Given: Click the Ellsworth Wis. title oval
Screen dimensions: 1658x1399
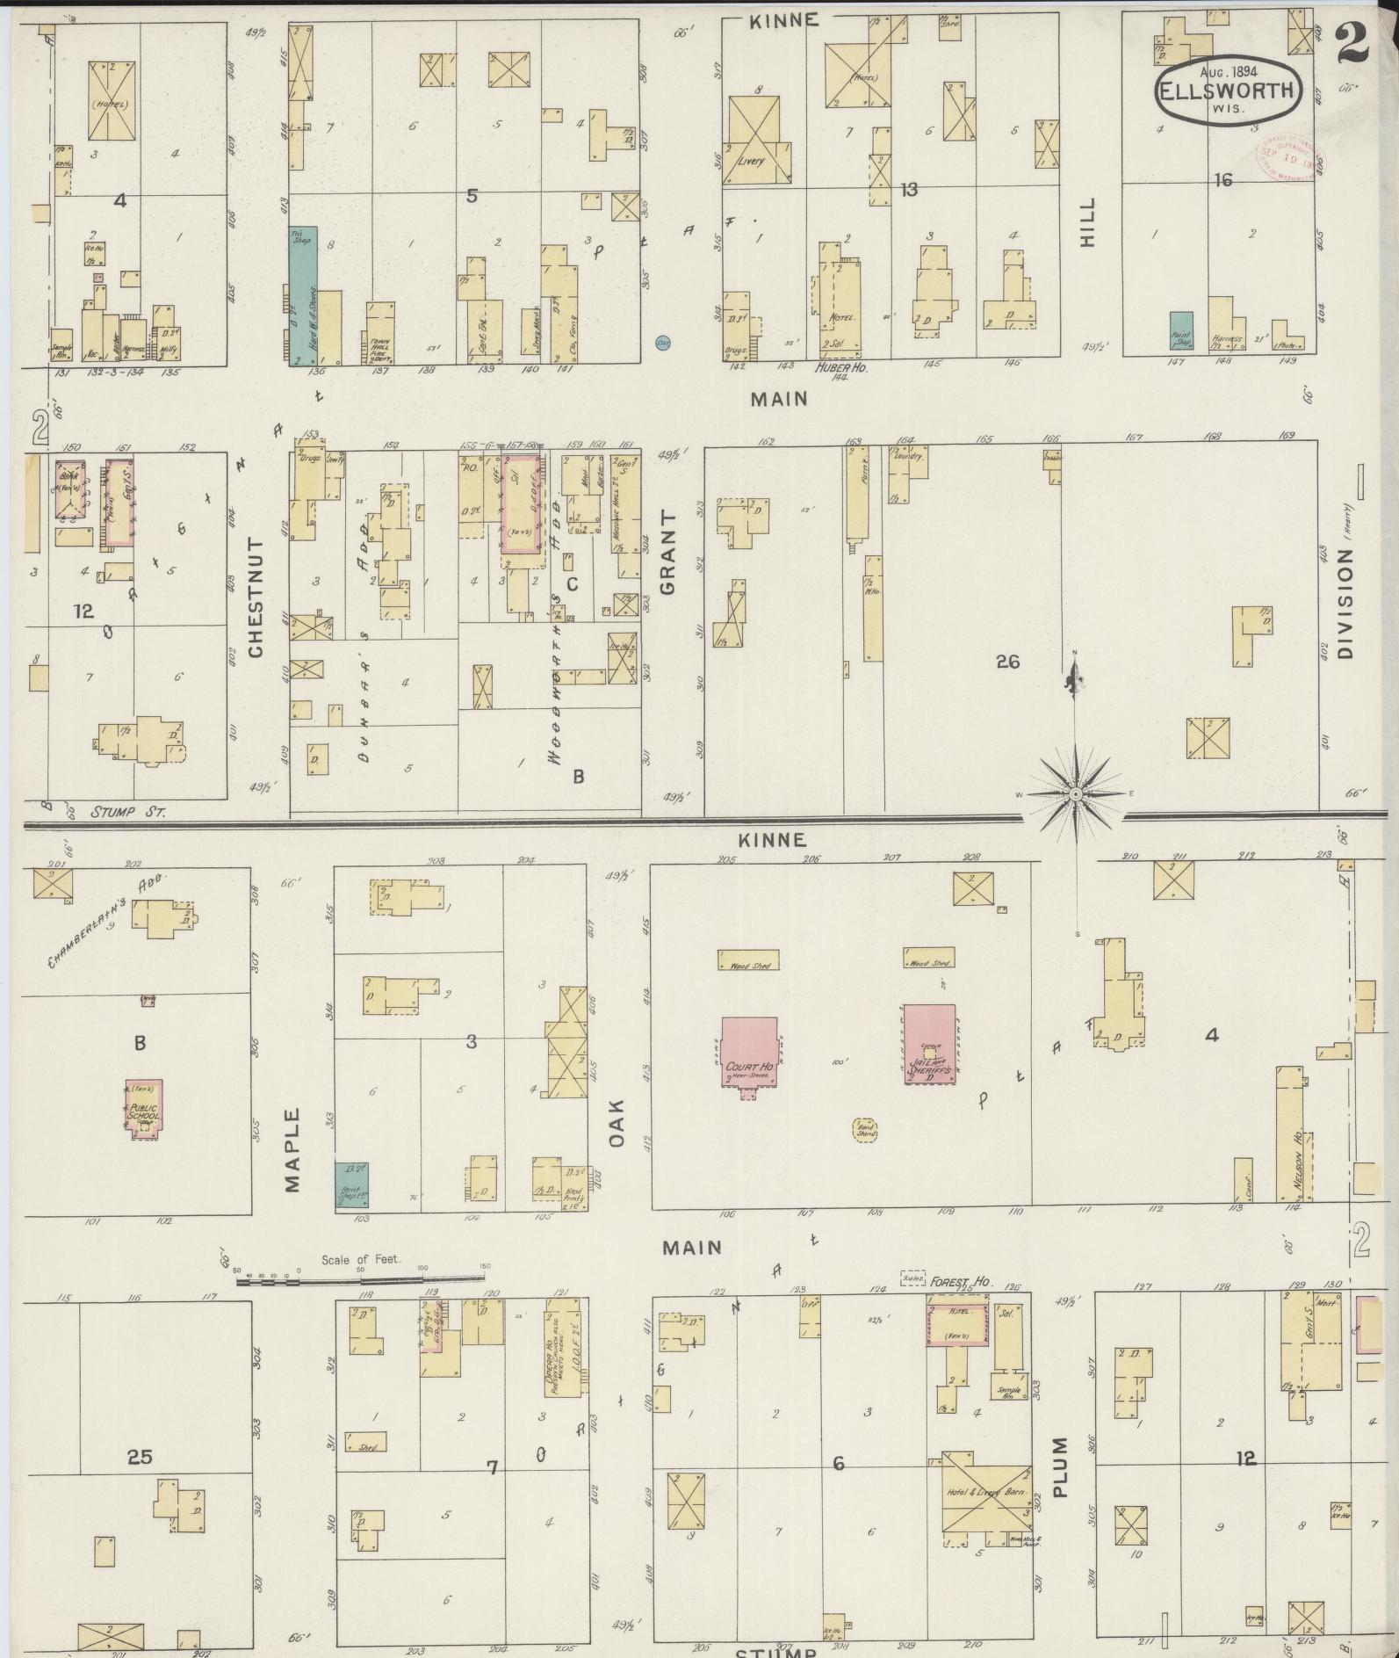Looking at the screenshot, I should point(1229,91).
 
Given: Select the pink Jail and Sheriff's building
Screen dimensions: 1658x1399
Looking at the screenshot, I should point(930,1044).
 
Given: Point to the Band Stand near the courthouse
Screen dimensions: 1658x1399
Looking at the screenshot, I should point(867,1130).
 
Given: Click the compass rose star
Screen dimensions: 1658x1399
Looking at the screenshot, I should point(1075,794).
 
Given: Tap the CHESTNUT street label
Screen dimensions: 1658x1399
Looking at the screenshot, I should point(256,598).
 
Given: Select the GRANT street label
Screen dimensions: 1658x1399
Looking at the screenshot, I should point(670,553).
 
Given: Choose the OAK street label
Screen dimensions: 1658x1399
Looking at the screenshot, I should point(617,1122).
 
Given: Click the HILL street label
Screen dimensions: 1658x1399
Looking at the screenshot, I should point(1088,221).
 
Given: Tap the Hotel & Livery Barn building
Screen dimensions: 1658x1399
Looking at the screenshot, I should point(986,1494).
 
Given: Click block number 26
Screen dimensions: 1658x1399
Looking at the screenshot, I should point(1007,662).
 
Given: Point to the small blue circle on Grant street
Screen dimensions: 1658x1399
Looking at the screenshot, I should point(663,344).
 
